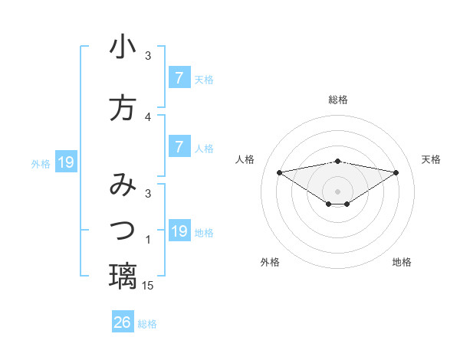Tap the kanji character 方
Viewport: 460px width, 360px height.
pyautogui.click(x=123, y=108)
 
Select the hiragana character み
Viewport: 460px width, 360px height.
pyautogui.click(x=123, y=185)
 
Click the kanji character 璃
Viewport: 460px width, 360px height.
pyautogui.click(x=123, y=275)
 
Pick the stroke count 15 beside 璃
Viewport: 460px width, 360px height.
pyautogui.click(x=149, y=285)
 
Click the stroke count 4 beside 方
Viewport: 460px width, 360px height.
pyautogui.click(x=148, y=116)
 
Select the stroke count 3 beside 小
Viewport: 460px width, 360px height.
pyautogui.click(x=148, y=55)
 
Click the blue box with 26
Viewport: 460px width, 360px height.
pyautogui.click(x=123, y=322)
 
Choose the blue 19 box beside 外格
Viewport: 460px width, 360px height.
pyautogui.click(x=65, y=162)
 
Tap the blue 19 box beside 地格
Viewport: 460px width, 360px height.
pyautogui.click(x=179, y=231)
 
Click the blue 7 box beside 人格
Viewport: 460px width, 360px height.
pyautogui.click(x=179, y=147)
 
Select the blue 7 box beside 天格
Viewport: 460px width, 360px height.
pyautogui.click(x=179, y=78)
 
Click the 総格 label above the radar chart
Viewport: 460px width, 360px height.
pyautogui.click(x=338, y=100)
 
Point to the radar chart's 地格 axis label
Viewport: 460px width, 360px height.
pyautogui.click(x=402, y=262)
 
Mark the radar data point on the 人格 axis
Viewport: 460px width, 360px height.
pyautogui.click(x=279, y=172)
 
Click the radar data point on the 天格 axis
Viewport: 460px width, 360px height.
pyautogui.click(x=396, y=172)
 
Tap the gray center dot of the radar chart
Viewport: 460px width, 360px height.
pyautogui.click(x=338, y=191)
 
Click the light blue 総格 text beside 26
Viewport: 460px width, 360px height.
pyautogui.click(x=147, y=324)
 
